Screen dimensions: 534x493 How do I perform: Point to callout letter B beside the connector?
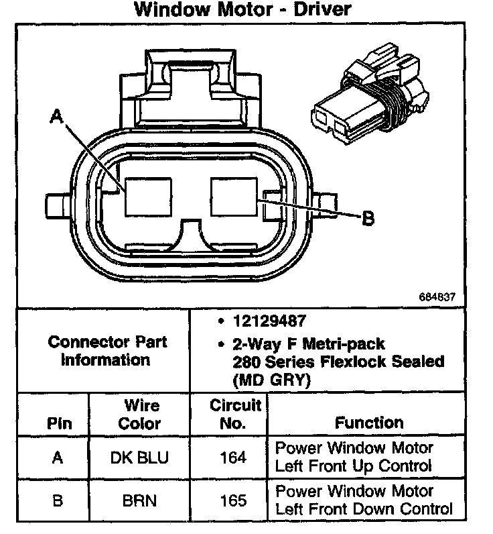[368, 218]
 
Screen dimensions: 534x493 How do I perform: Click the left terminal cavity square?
[146, 198]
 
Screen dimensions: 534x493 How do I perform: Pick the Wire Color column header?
[141, 415]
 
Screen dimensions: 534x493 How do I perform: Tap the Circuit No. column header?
[235, 414]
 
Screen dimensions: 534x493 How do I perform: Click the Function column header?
[369, 423]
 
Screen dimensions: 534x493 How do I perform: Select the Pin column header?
[58, 424]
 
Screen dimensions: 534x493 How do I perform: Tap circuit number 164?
[234, 458]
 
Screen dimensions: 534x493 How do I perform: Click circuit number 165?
[234, 501]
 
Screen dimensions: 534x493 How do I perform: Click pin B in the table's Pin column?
[58, 501]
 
